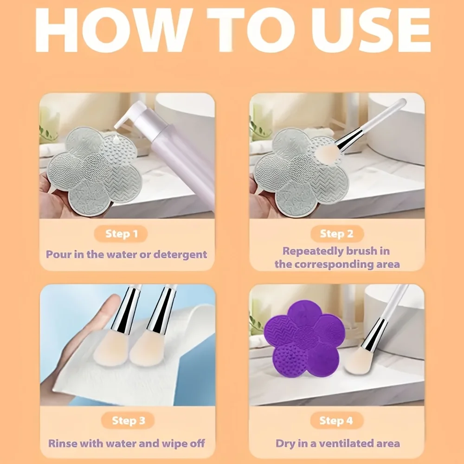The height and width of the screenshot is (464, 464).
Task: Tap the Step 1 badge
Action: pyautogui.click(x=122, y=234)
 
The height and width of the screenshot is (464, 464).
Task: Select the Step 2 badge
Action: pyautogui.click(x=336, y=234)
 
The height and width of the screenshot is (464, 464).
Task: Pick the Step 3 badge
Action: pyautogui.click(x=128, y=421)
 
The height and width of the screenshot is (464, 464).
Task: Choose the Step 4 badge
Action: pyautogui.click(x=336, y=421)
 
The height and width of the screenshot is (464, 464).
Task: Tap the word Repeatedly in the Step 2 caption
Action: pyautogui.click(x=313, y=251)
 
